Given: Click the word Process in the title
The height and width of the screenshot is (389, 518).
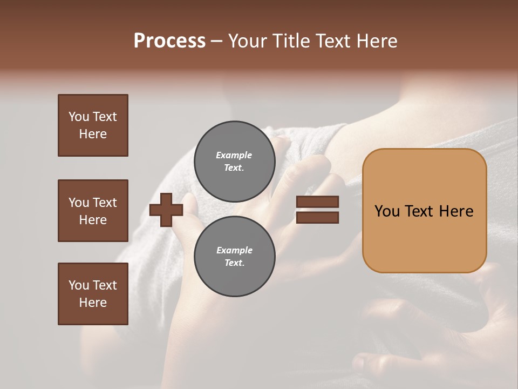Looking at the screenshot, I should (x=169, y=41).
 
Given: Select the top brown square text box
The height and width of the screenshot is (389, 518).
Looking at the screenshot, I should (x=93, y=125).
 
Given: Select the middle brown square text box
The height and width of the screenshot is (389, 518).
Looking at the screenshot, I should (x=93, y=211).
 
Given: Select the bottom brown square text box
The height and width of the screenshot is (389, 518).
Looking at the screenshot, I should (x=93, y=293).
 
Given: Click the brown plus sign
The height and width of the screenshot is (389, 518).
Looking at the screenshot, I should (x=166, y=210).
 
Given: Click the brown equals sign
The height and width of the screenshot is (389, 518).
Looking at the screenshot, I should (x=317, y=210).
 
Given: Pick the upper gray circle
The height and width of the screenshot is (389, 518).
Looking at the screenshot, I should (x=235, y=161).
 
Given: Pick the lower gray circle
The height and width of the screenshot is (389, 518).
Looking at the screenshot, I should (x=235, y=256).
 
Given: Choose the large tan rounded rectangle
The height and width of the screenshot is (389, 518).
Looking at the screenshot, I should (x=424, y=211).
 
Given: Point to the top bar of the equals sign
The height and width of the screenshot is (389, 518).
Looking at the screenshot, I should (x=317, y=202).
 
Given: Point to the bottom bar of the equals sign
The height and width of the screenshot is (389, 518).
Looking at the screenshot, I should (x=317, y=217).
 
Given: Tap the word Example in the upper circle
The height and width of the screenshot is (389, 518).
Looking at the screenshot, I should (x=234, y=155).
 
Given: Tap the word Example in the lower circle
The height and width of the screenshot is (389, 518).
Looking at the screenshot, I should (x=234, y=250).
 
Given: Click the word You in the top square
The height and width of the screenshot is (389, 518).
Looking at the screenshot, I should (x=78, y=117).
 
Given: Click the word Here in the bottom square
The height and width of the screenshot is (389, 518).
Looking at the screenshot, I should (x=93, y=303).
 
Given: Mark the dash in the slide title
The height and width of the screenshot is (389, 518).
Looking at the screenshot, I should (x=216, y=42).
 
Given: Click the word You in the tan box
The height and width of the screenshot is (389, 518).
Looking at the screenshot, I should (x=387, y=211).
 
